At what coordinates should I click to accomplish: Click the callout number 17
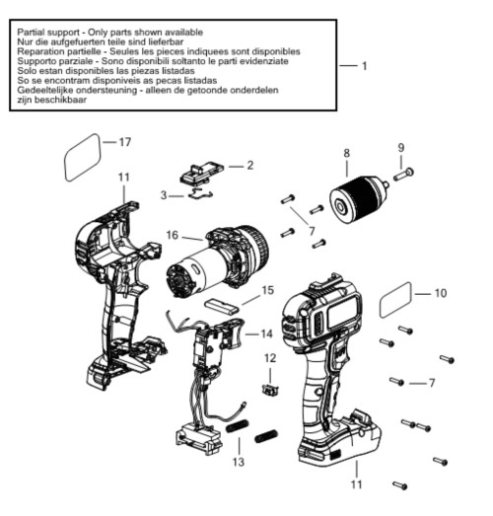tap(125, 142)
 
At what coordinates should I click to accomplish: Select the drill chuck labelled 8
tap(359, 198)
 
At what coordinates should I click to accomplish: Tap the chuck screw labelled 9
tap(403, 174)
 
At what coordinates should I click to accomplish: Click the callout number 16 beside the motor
tap(173, 235)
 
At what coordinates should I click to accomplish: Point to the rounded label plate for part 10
tap(395, 300)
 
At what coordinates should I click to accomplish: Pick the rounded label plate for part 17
tap(82, 157)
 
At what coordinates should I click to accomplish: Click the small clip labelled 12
tap(270, 390)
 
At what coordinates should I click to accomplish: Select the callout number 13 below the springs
tap(239, 462)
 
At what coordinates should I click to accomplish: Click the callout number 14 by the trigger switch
tap(267, 333)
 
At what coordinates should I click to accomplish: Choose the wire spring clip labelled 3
tap(200, 194)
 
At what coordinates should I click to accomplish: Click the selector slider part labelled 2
tap(201, 173)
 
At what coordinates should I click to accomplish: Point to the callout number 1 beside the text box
tap(365, 66)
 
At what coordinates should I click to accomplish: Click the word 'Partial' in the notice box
tap(32, 33)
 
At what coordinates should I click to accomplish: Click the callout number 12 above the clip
tap(270, 358)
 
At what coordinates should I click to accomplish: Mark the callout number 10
tap(441, 293)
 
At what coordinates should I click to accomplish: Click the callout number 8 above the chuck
tap(347, 153)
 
